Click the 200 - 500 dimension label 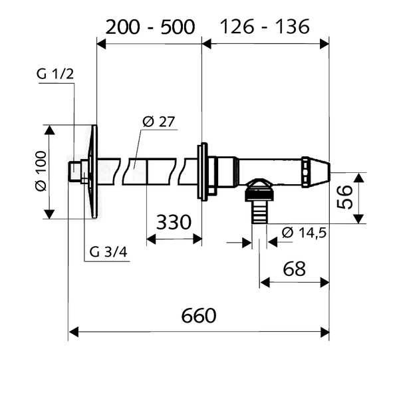coord(150,27)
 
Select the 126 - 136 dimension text coord(265,27)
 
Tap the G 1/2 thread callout coord(55,74)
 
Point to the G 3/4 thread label coord(108,252)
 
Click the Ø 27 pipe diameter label coord(159,122)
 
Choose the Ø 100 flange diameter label coord(41,171)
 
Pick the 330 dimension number coord(174,222)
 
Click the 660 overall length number coord(199,316)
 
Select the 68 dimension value coord(294,269)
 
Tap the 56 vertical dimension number coord(344,197)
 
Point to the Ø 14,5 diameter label coord(304,233)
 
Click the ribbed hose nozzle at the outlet coord(259,211)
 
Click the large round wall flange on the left coord(94,172)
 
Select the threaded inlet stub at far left coord(74,172)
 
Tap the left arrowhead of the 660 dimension coord(74,332)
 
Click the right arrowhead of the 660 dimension coord(325,332)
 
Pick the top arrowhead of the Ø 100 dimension coord(50,130)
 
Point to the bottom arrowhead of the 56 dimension coord(358,219)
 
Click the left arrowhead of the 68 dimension coord(265,283)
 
